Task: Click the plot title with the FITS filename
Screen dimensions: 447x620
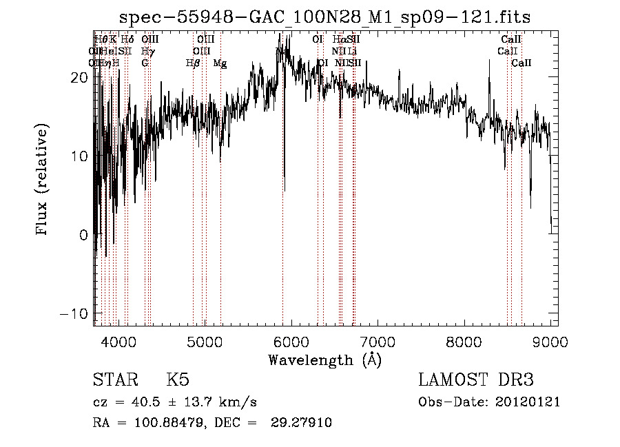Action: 324,17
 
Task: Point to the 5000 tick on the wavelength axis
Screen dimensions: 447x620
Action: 205,342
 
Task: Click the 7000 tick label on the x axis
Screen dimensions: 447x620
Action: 378,342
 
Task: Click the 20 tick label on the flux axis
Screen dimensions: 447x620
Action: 80,78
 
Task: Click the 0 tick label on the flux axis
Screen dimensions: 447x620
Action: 84,235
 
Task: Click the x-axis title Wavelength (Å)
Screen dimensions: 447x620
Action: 324,360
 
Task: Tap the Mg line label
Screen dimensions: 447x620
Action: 220,63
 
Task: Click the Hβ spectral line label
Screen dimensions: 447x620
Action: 193,63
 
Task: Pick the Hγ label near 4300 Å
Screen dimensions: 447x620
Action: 147,51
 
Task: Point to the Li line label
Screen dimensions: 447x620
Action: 352,51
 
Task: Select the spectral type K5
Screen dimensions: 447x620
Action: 178,380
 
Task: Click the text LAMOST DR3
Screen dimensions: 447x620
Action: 476,380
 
